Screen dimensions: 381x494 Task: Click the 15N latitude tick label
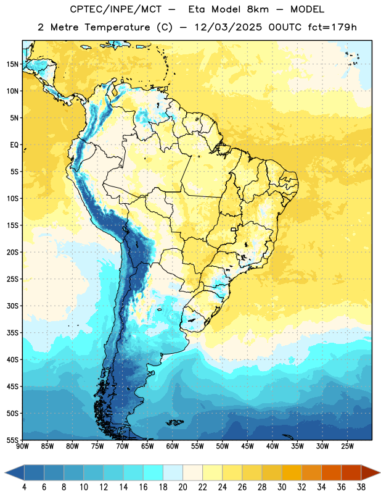coord(12,64)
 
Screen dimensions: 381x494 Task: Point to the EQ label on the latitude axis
coord(14,145)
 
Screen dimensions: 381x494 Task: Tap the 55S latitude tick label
coord(12,440)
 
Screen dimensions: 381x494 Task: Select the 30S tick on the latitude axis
coord(12,306)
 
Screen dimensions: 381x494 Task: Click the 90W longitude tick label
coord(22,446)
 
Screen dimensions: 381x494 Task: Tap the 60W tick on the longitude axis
coord(173,446)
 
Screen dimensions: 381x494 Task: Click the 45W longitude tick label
coord(247,446)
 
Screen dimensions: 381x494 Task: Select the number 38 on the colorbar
coord(361,487)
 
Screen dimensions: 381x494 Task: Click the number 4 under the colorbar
coord(24,487)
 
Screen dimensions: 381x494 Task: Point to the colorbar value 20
coord(182,487)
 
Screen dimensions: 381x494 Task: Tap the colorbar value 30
coord(282,487)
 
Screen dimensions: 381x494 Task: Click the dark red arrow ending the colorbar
coord(370,472)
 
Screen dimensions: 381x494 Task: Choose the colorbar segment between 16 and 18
coord(154,472)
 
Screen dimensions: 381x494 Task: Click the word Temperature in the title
coord(117,27)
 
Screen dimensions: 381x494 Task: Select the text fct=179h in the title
coord(332,27)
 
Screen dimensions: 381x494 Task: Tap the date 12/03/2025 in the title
coord(228,27)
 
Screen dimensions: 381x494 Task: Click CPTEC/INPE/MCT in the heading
coord(115,9)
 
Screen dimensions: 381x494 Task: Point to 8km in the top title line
coord(258,9)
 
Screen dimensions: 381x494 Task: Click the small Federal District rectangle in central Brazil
coord(234,229)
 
